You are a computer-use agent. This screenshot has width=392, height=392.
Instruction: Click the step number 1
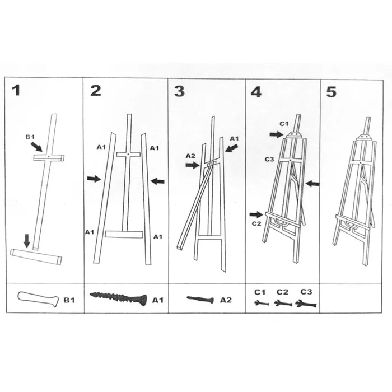coord(16,91)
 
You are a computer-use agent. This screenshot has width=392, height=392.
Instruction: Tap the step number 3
coord(180,91)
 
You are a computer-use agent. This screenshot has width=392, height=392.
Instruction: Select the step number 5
coord(332,92)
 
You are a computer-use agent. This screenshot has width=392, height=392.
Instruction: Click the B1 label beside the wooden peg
coord(69,300)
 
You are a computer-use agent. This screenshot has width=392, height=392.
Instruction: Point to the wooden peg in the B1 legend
coord(38,298)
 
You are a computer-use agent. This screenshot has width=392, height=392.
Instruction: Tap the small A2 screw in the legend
coord(200,299)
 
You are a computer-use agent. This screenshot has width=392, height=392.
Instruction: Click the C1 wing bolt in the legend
coord(262,304)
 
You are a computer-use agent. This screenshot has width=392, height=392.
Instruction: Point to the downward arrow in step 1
coord(27,241)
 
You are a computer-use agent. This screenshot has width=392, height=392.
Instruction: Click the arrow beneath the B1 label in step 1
coord(36,147)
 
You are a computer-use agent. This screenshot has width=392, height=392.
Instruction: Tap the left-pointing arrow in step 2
coord(158,181)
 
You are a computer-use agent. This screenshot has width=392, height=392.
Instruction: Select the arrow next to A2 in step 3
coord(193,165)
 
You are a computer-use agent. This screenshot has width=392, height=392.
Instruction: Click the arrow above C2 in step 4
coord(256,214)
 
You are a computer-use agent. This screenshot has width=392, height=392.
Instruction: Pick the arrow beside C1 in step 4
coord(276,135)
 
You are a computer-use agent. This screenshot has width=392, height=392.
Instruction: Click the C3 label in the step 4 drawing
coord(269,159)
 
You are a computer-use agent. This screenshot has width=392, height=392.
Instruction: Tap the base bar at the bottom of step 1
coord(36,256)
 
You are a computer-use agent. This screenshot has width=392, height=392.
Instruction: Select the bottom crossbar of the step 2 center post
coord(124,235)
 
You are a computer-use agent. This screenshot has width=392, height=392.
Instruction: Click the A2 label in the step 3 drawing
coord(190,156)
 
